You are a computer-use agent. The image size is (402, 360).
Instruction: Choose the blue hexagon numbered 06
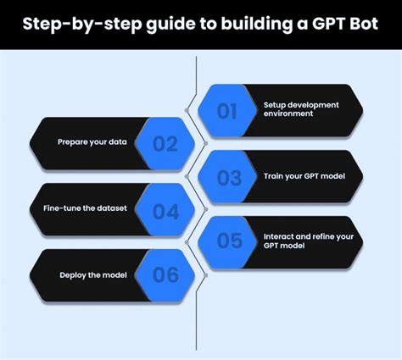click(165, 274)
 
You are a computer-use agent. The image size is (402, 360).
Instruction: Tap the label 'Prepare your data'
click(92, 141)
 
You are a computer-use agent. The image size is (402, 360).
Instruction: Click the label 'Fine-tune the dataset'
click(87, 208)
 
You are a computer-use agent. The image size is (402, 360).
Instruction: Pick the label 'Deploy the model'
click(92, 274)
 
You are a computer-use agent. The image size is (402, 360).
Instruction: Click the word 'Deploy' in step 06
click(73, 274)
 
